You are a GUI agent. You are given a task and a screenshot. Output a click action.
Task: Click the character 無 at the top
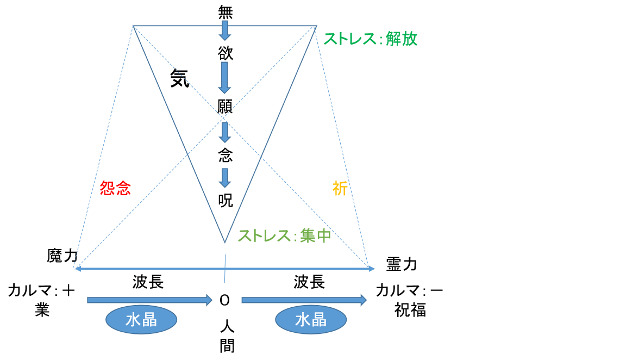tap(224, 12)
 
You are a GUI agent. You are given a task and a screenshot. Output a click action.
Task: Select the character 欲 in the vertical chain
tap(224, 53)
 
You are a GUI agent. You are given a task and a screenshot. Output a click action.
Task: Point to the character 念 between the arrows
tap(224, 156)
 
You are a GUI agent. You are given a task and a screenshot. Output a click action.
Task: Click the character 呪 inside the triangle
tap(224, 200)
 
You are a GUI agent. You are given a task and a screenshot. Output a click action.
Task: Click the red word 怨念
tap(115, 188)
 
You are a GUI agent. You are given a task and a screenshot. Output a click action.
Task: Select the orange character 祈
tap(340, 188)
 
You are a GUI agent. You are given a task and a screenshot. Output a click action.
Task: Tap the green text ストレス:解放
tap(370, 39)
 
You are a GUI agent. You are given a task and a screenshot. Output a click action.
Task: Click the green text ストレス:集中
tap(284, 235)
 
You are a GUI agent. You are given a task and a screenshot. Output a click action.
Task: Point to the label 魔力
tap(62, 256)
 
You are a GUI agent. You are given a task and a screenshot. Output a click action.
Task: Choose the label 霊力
tap(401, 264)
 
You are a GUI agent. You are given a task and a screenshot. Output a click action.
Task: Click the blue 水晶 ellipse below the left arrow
tap(141, 320)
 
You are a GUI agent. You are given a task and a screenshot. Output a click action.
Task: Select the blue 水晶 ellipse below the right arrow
tap(311, 320)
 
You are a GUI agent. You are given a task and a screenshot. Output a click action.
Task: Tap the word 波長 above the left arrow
tap(148, 282)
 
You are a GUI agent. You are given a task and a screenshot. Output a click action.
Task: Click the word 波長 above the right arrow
tap(310, 282)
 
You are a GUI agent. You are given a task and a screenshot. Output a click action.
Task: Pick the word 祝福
tap(410, 310)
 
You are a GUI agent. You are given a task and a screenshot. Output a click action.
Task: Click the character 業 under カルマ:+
tap(42, 310)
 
